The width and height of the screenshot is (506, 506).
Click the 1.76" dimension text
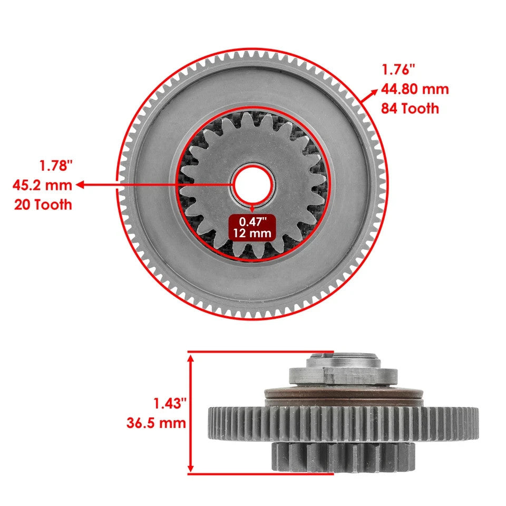click(398, 69)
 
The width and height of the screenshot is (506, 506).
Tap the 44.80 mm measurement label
click(415, 89)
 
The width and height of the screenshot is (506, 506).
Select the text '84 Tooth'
click(410, 109)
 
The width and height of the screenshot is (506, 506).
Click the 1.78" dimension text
click(55, 166)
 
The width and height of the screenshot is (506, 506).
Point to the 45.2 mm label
click(42, 185)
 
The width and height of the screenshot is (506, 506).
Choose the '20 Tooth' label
click(42, 205)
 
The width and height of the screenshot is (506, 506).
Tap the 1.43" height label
click(170, 403)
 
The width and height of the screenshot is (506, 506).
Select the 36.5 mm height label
click(156, 422)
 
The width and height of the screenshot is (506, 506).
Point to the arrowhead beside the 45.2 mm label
click(81, 185)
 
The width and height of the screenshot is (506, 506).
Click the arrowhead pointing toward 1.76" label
click(374, 92)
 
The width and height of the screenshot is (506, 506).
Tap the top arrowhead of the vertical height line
click(191, 358)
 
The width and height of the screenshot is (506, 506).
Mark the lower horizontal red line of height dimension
click(260, 473)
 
